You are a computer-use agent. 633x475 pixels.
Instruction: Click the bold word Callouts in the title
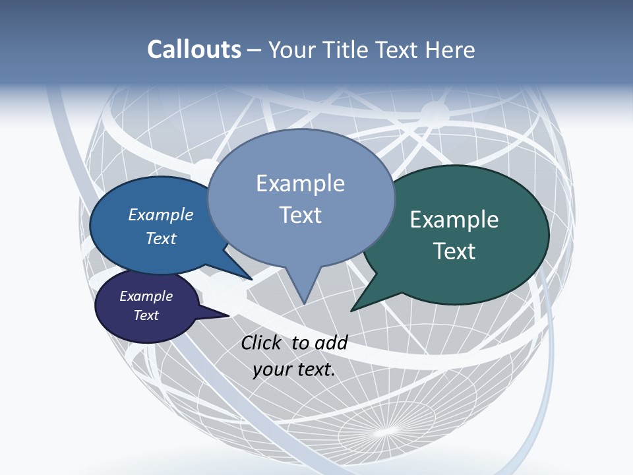click(x=195, y=50)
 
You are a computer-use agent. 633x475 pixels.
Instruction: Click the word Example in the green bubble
click(x=454, y=220)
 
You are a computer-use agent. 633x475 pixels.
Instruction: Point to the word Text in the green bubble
click(x=454, y=251)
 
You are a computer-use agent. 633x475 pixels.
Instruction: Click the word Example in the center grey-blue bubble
click(x=301, y=183)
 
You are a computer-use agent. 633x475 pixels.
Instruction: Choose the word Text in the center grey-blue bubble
click(x=301, y=215)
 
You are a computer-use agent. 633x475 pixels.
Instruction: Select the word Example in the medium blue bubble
click(x=161, y=214)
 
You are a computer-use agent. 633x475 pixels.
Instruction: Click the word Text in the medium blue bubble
click(x=161, y=238)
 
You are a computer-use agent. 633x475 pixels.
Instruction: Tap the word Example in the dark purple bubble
click(x=146, y=296)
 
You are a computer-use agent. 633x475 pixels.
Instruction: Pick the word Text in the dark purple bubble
click(x=146, y=315)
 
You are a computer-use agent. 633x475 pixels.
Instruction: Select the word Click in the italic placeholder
click(x=262, y=342)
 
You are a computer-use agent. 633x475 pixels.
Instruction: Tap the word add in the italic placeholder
click(x=331, y=342)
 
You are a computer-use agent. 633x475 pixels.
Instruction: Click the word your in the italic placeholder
click(x=270, y=369)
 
